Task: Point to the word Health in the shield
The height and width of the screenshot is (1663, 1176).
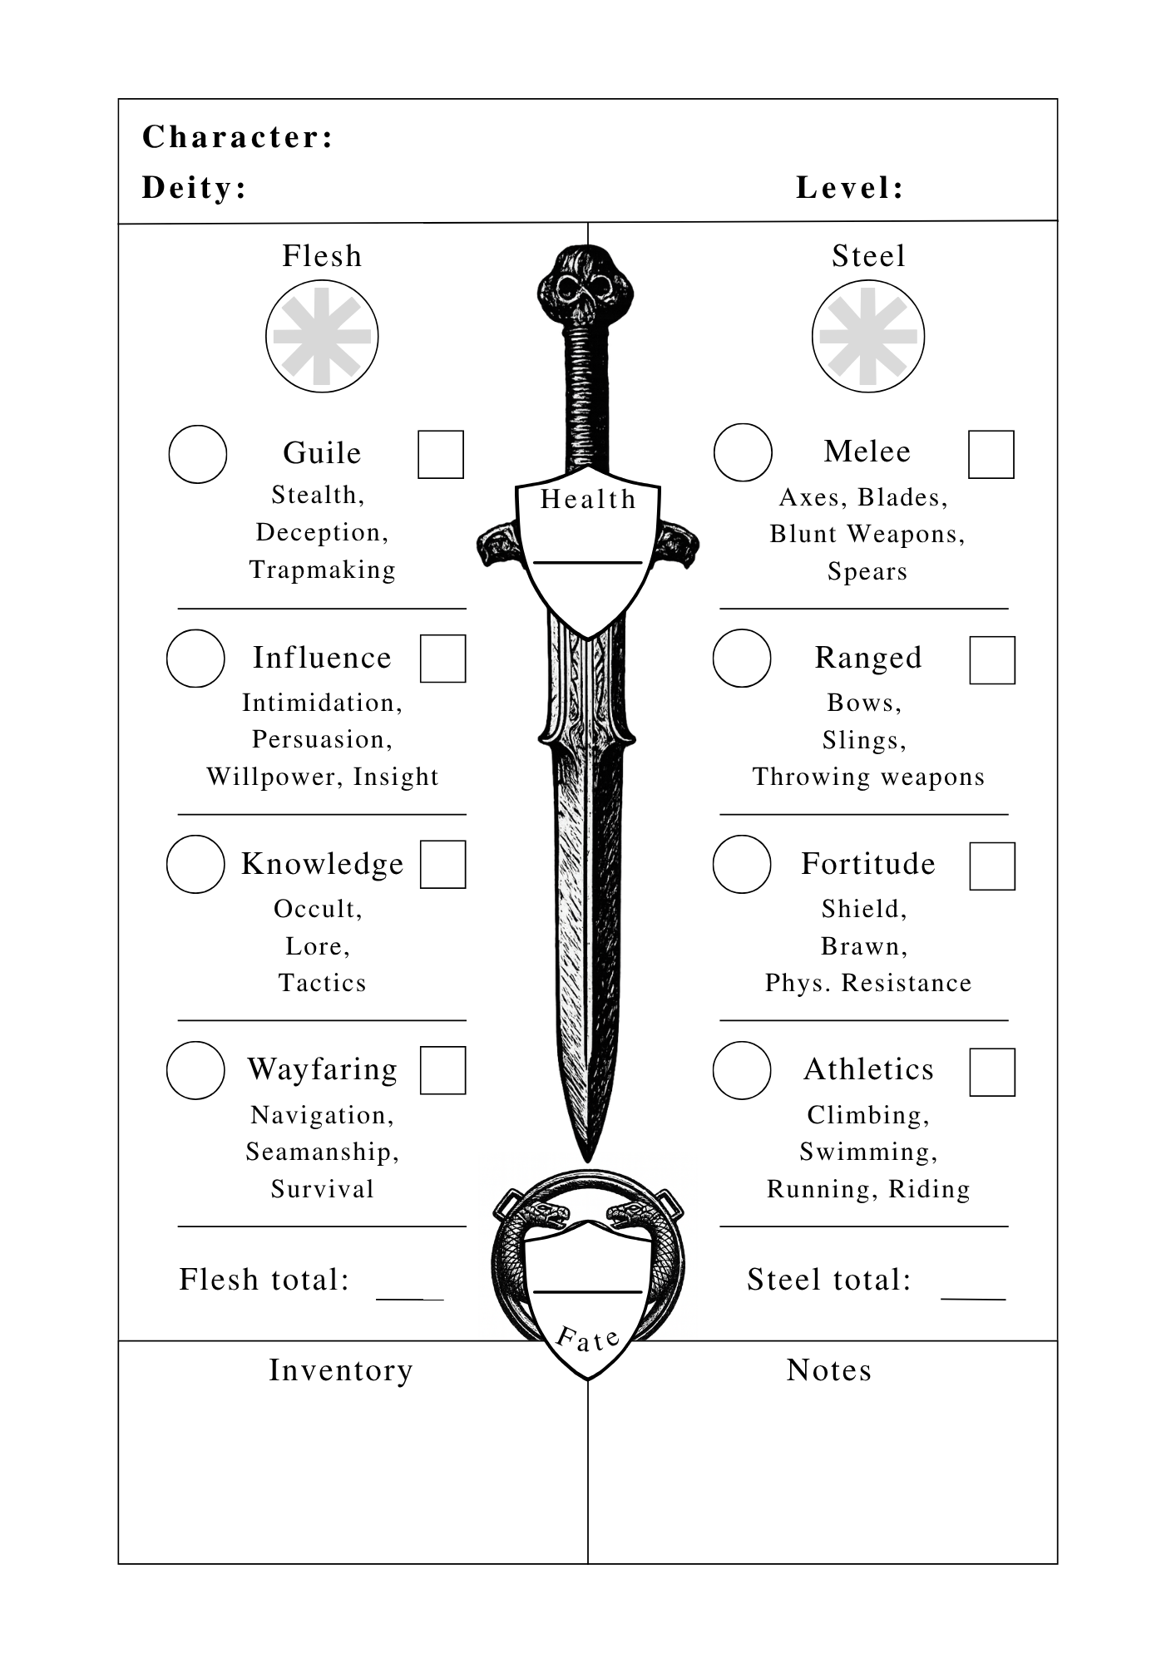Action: tap(588, 499)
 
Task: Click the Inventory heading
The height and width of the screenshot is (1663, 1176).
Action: tap(341, 1370)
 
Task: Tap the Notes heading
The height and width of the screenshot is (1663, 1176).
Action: tap(829, 1370)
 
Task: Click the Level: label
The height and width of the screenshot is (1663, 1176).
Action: tap(850, 188)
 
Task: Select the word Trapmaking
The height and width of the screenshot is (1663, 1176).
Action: tap(323, 570)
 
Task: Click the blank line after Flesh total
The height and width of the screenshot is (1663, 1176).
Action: tap(410, 1298)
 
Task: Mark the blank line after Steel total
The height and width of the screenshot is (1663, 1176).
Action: tap(973, 1298)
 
